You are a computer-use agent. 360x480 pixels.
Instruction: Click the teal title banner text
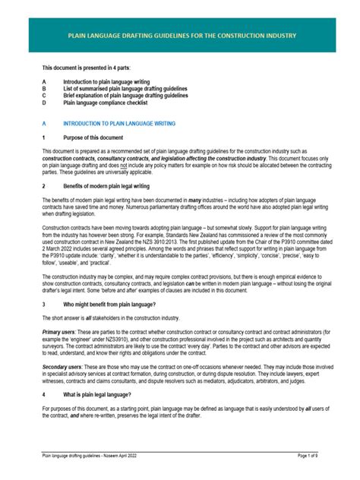pos(180,36)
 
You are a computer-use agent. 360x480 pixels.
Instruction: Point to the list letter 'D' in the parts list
pos(44,105)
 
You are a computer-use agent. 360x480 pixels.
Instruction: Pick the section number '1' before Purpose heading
pos(44,138)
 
